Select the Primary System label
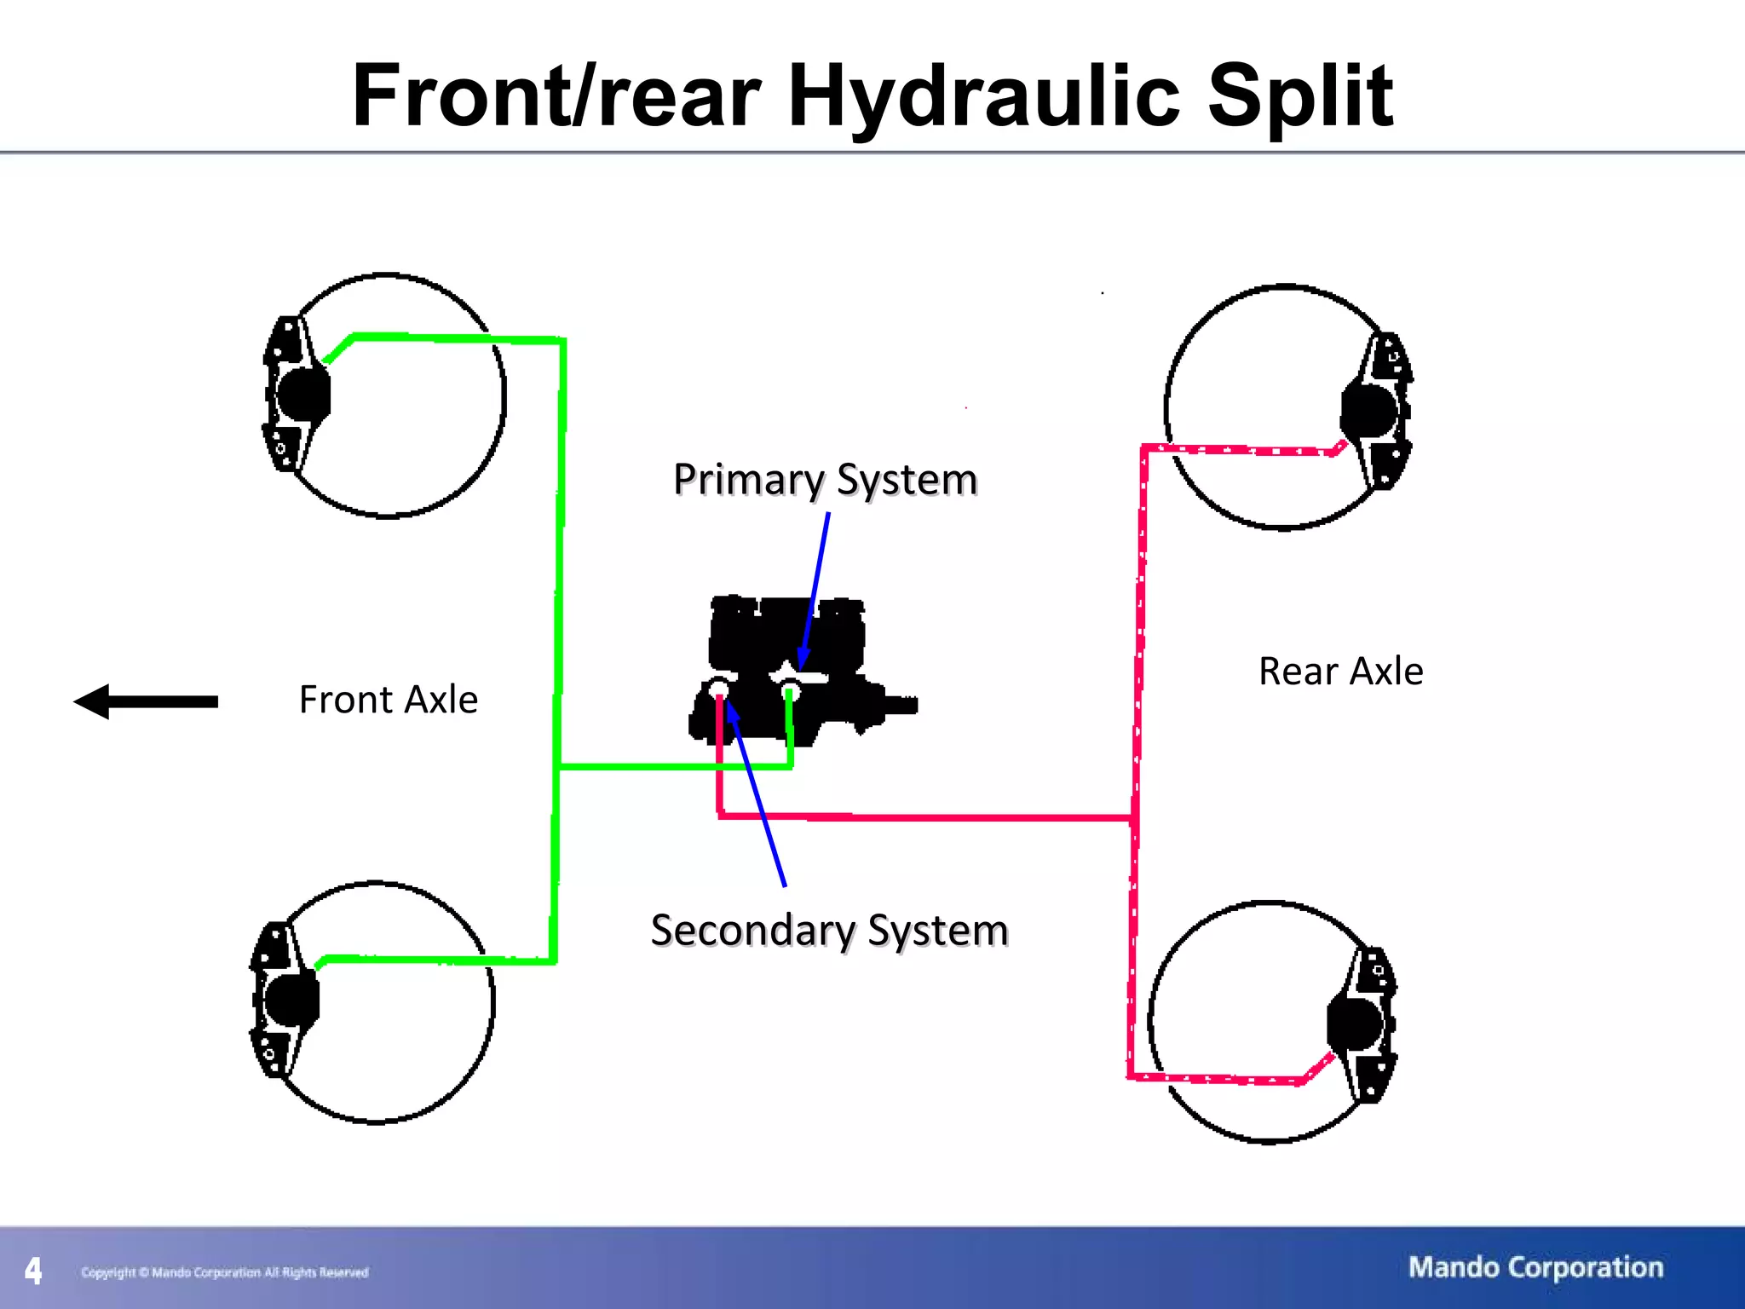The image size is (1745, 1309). [x=825, y=479]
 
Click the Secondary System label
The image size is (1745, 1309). [x=829, y=930]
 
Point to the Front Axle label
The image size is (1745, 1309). [x=389, y=700]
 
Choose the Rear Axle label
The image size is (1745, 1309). [x=1340, y=672]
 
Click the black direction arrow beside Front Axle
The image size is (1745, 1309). [x=146, y=701]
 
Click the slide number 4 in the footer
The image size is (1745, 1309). [x=33, y=1271]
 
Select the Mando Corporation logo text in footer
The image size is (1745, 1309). [x=1535, y=1267]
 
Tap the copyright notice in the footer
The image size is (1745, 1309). [x=225, y=1272]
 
